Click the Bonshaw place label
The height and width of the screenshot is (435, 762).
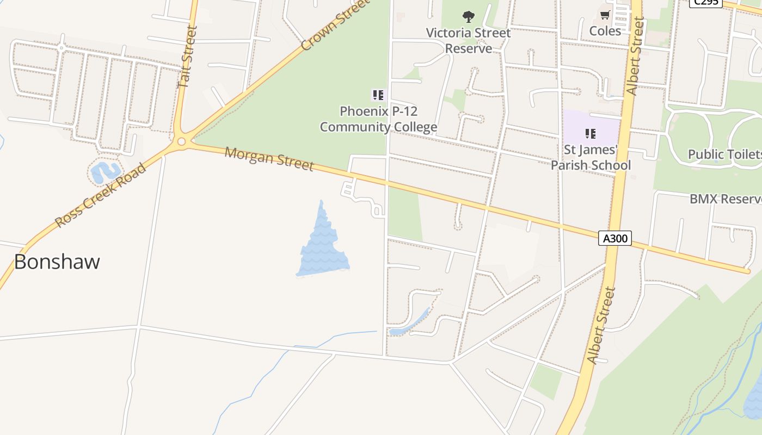click(x=57, y=262)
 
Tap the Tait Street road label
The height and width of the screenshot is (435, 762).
click(x=186, y=57)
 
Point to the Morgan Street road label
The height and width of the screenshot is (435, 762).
click(x=269, y=158)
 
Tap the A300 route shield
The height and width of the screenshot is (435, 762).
click(x=615, y=238)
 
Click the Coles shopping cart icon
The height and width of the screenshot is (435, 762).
click(x=605, y=15)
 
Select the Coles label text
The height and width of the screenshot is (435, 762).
click(x=605, y=31)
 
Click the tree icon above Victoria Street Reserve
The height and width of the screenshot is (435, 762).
click(x=468, y=16)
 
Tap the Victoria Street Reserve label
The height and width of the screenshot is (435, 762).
click(x=468, y=41)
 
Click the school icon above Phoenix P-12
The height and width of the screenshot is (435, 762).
click(x=378, y=95)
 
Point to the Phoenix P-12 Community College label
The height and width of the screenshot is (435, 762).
click(x=378, y=119)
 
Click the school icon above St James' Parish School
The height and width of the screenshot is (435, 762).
click(x=591, y=133)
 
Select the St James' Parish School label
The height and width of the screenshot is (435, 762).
click(x=591, y=157)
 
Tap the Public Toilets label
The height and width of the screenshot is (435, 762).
click(x=725, y=154)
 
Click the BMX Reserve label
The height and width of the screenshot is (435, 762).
click(x=726, y=199)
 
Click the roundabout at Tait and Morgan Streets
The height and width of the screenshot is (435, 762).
click(x=181, y=142)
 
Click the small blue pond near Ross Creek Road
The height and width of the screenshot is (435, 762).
click(x=104, y=172)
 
